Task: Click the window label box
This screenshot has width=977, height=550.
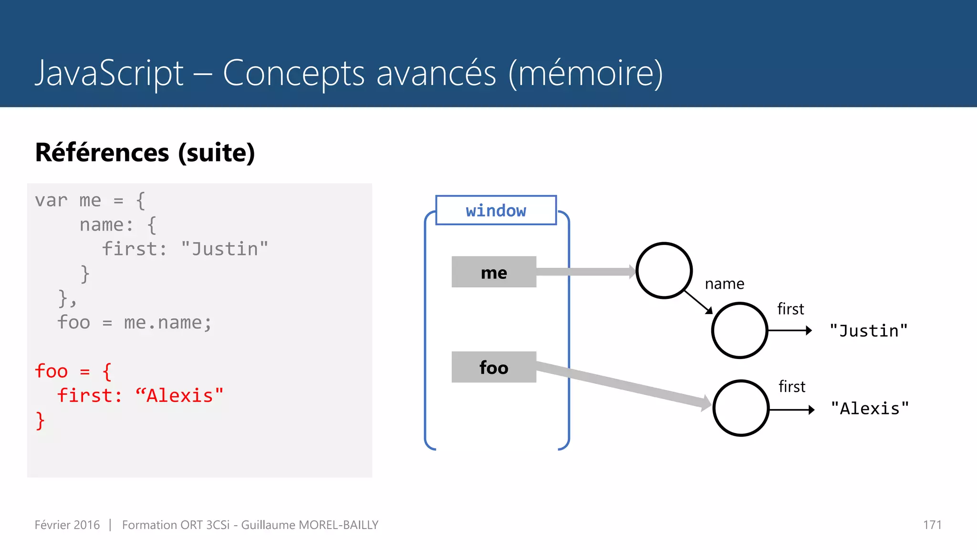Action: coord(496,210)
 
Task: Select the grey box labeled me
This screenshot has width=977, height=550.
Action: coord(494,272)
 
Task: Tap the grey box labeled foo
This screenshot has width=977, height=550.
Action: coord(494,367)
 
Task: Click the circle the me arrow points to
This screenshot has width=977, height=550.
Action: coord(664,271)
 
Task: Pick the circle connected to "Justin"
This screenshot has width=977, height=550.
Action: coord(739,330)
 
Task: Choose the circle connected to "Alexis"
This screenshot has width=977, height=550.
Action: coord(740,408)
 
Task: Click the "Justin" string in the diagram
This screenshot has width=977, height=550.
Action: coord(868,331)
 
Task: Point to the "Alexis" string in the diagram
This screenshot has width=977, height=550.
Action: coord(870,409)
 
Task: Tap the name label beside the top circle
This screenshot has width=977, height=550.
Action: coord(724,284)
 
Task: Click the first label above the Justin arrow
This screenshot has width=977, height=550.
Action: coord(790,309)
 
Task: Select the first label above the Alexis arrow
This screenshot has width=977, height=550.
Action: coord(792,387)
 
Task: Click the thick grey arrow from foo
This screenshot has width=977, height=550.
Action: coord(620,383)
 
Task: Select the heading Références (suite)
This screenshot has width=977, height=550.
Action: coord(145,153)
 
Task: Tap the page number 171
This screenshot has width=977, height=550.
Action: coord(932,525)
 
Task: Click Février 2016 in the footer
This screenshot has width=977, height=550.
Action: coord(67,525)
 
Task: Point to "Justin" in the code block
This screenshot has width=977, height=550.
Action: coord(224,249)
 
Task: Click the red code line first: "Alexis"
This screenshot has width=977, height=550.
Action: coord(140,396)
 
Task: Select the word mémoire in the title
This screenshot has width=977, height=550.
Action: coord(586,74)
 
